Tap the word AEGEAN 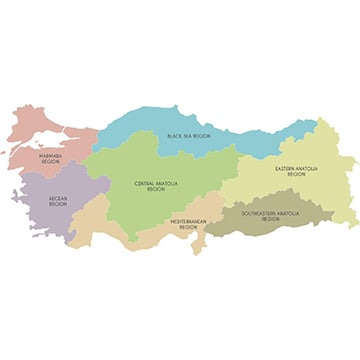57,198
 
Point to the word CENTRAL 144,183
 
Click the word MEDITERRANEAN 189,223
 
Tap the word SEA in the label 192,135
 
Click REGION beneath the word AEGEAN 57,204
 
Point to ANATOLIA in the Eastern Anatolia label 308,168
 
